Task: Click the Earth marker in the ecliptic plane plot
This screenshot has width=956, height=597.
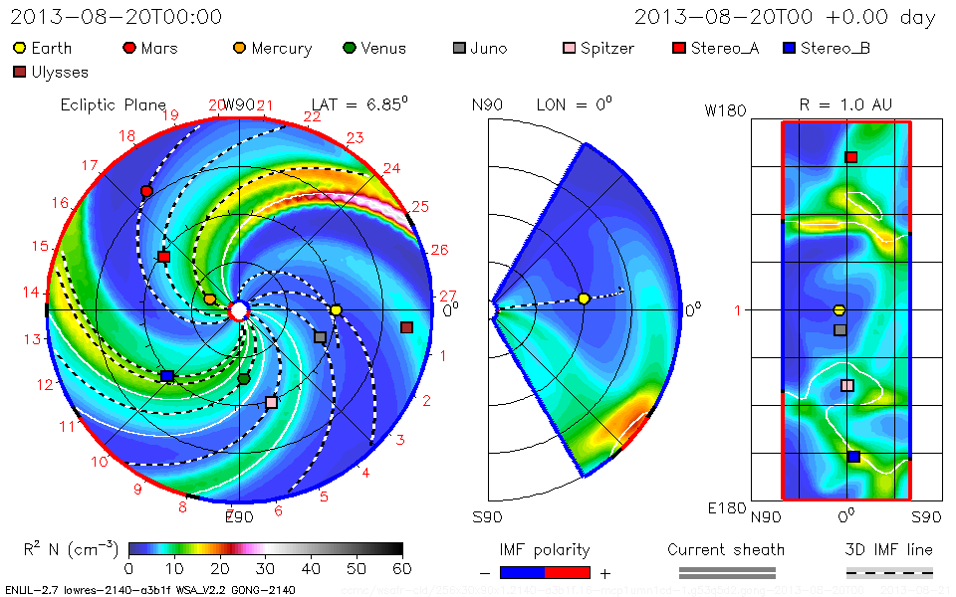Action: [x=336, y=310]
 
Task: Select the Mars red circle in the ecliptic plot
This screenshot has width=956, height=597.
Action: [x=147, y=190]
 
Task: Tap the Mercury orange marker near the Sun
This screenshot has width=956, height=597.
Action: [x=209, y=298]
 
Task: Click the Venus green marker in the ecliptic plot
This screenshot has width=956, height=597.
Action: [x=244, y=378]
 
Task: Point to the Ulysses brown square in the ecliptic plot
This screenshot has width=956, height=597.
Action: [x=406, y=327]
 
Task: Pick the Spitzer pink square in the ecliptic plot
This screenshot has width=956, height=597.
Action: [x=272, y=402]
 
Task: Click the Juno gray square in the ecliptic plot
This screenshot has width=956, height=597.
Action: [x=320, y=337]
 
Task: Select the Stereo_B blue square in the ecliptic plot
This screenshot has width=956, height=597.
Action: [x=167, y=376]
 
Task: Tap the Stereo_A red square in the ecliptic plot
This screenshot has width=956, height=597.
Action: [x=164, y=257]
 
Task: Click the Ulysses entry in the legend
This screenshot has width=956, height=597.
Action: [x=51, y=72]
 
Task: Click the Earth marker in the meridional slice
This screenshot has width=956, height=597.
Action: [x=585, y=298]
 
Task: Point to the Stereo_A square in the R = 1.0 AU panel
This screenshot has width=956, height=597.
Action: [x=851, y=157]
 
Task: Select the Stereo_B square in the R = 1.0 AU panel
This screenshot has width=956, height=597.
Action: [x=853, y=457]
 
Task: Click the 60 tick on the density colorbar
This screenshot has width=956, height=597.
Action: [x=402, y=568]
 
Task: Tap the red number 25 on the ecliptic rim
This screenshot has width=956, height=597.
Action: [x=420, y=206]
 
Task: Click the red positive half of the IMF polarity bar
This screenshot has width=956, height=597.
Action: [x=568, y=572]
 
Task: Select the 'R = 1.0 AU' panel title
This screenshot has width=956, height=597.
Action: [x=845, y=103]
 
